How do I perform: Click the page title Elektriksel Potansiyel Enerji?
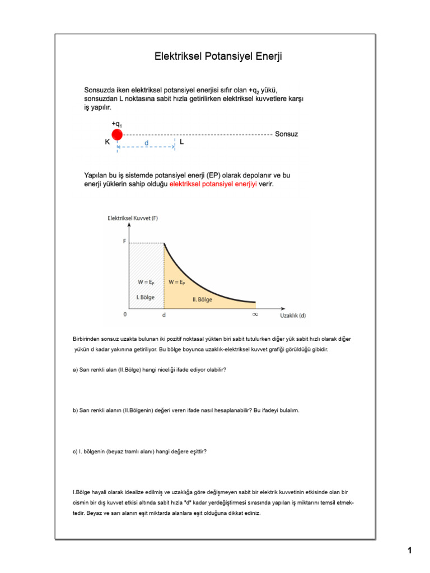click(218, 57)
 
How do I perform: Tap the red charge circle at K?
click(117, 134)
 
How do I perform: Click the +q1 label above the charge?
click(117, 124)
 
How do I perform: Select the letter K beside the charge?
click(107, 143)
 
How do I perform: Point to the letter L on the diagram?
click(182, 143)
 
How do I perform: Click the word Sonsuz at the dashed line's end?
click(287, 134)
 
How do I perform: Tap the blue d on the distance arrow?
click(146, 143)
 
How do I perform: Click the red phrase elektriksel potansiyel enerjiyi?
click(213, 184)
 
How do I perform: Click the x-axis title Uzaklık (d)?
click(293, 316)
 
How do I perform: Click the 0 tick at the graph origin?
click(125, 315)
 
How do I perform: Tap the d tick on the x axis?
click(163, 315)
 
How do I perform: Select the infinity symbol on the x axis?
click(255, 315)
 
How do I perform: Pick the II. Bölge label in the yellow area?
click(202, 299)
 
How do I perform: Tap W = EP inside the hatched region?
click(146, 282)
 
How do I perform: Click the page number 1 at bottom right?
click(409, 551)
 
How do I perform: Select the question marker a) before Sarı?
click(76, 370)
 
